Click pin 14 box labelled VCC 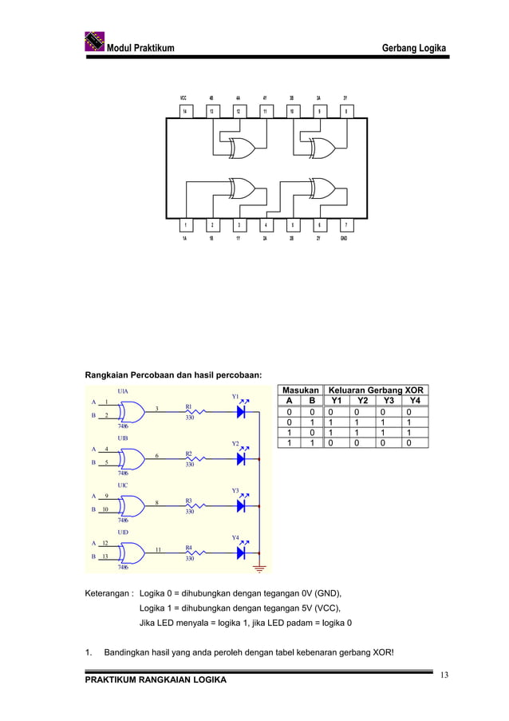pos(184,112)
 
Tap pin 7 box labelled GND pos(344,224)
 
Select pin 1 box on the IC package pos(184,224)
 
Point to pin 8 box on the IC pos(345,112)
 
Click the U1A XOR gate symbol pos(132,411)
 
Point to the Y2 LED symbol pos(242,458)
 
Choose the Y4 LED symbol pos(242,553)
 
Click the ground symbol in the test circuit pos(259,569)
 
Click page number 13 pos(444,675)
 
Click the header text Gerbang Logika pos(414,49)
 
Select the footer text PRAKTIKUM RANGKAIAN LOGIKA pos(156,679)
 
